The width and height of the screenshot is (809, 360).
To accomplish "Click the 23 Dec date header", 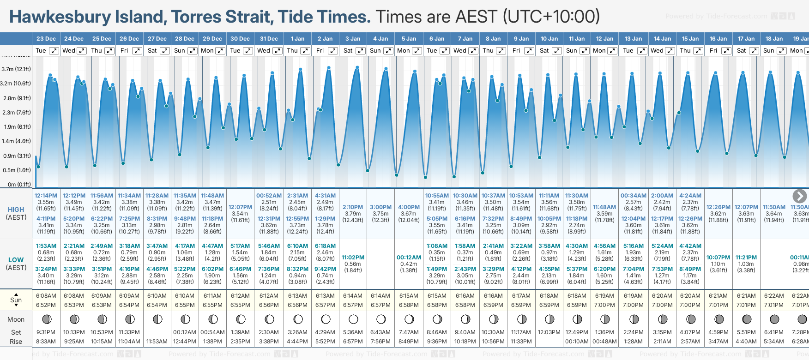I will (46, 39).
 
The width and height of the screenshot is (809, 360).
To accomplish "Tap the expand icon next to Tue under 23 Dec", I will (54, 51).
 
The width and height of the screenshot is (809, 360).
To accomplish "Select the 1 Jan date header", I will (297, 39).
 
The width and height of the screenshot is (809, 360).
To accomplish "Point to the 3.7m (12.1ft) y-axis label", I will (16, 69).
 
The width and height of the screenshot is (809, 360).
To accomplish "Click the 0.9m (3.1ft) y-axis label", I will (16, 156).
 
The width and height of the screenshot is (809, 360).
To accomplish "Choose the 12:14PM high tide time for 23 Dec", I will (46, 196).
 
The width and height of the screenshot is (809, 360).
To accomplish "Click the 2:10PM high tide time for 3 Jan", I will (353, 207).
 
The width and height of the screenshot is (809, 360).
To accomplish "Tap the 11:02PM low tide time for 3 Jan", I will (353, 258).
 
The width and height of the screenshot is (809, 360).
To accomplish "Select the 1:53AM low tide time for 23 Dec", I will (46, 246).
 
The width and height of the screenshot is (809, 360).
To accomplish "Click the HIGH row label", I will (16, 210).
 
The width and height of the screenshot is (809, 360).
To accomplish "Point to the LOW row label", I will (16, 260).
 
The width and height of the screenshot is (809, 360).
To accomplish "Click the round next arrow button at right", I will (799, 196).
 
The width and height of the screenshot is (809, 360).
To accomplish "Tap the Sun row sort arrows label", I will (16, 300).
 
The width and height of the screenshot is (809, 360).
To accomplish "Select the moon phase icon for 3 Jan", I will (353, 319).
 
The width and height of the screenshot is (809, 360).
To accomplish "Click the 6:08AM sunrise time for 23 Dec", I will (46, 296).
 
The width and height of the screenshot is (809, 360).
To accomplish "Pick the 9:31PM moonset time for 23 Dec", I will (46, 332).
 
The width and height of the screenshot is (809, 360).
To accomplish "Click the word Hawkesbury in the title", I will (60, 17).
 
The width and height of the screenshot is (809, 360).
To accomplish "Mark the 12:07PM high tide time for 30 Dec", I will (241, 207).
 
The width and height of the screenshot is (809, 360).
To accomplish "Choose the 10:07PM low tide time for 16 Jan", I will (718, 258).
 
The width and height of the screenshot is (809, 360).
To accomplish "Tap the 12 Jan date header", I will (605, 39).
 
